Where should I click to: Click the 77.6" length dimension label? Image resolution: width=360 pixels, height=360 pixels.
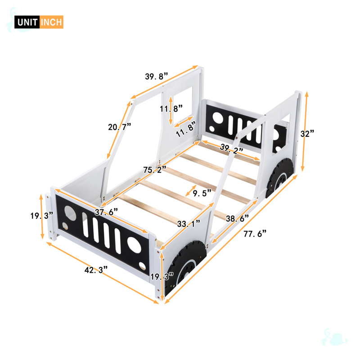click(255, 234)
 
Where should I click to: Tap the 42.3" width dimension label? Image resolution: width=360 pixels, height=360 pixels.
click(96, 270)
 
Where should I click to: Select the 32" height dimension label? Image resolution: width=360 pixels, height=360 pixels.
click(307, 133)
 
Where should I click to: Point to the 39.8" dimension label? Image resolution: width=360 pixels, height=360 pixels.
click(157, 76)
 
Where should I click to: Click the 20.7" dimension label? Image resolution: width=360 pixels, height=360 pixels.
click(119, 126)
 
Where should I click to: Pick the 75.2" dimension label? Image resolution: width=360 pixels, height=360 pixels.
click(154, 170)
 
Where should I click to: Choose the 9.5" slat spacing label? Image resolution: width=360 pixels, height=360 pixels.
click(202, 193)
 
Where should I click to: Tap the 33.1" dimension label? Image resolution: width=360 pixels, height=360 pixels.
click(189, 223)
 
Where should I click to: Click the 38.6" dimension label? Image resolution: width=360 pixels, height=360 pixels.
click(238, 218)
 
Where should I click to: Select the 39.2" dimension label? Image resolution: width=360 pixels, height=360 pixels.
click(231, 148)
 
